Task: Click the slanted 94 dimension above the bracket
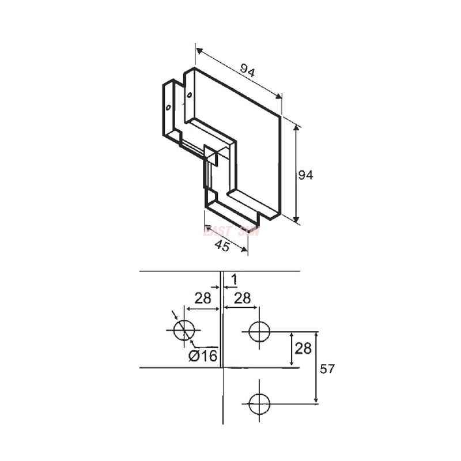click(x=248, y=71)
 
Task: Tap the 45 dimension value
click(x=222, y=246)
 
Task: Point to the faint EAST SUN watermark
click(x=231, y=231)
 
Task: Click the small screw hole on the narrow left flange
click(x=168, y=107)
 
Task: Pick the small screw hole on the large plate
click(x=188, y=95)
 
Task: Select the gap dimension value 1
click(x=234, y=279)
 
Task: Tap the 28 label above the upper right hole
click(x=243, y=297)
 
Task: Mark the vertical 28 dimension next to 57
click(x=304, y=349)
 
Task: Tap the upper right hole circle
click(x=259, y=331)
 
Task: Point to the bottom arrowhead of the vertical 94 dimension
click(x=297, y=219)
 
